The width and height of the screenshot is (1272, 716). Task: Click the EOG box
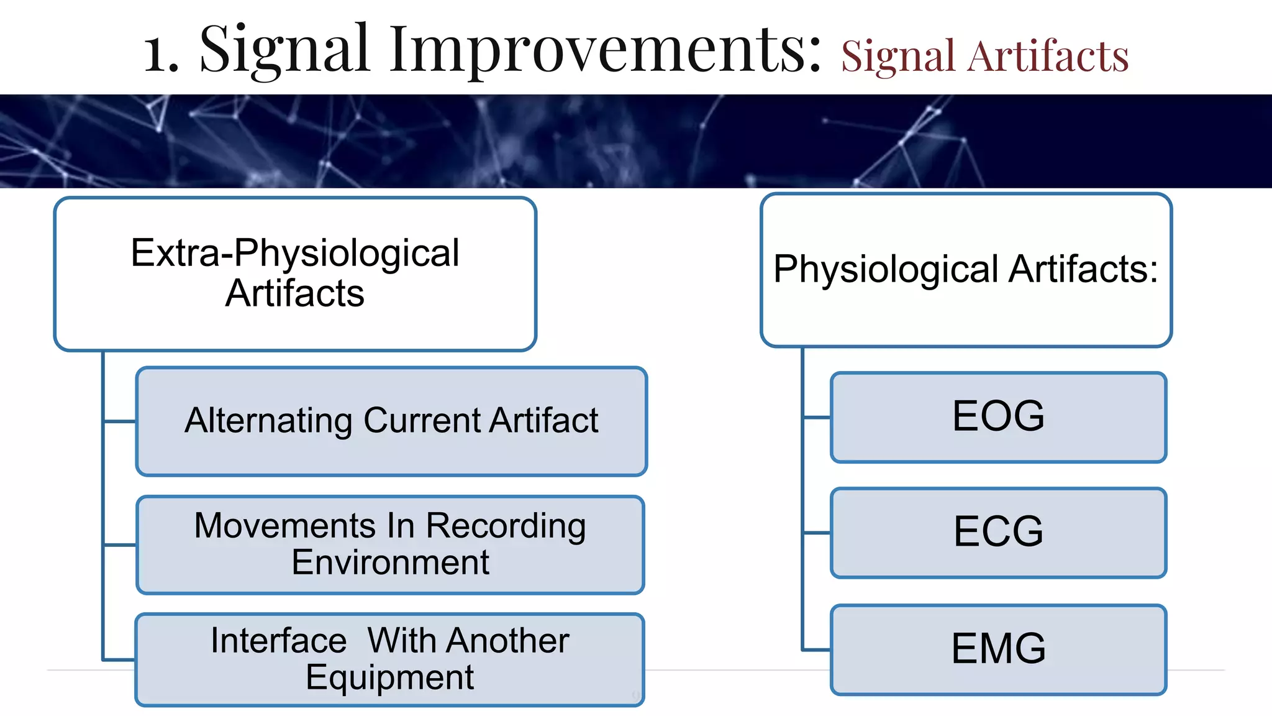998,417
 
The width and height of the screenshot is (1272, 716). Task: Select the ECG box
998,533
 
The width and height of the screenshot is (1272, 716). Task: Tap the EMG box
998,649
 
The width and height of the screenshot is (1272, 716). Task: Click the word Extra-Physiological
294,253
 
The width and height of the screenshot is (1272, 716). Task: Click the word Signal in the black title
284,50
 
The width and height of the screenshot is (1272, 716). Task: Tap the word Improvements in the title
606,50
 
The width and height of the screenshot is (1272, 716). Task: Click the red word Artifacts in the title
1048,57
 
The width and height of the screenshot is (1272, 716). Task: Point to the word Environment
390,562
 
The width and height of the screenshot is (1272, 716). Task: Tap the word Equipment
389,677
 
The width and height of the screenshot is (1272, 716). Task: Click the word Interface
278,640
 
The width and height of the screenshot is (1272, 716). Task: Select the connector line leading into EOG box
817,417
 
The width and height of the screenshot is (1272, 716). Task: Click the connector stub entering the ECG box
817,533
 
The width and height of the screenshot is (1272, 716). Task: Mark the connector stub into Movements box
120,545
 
